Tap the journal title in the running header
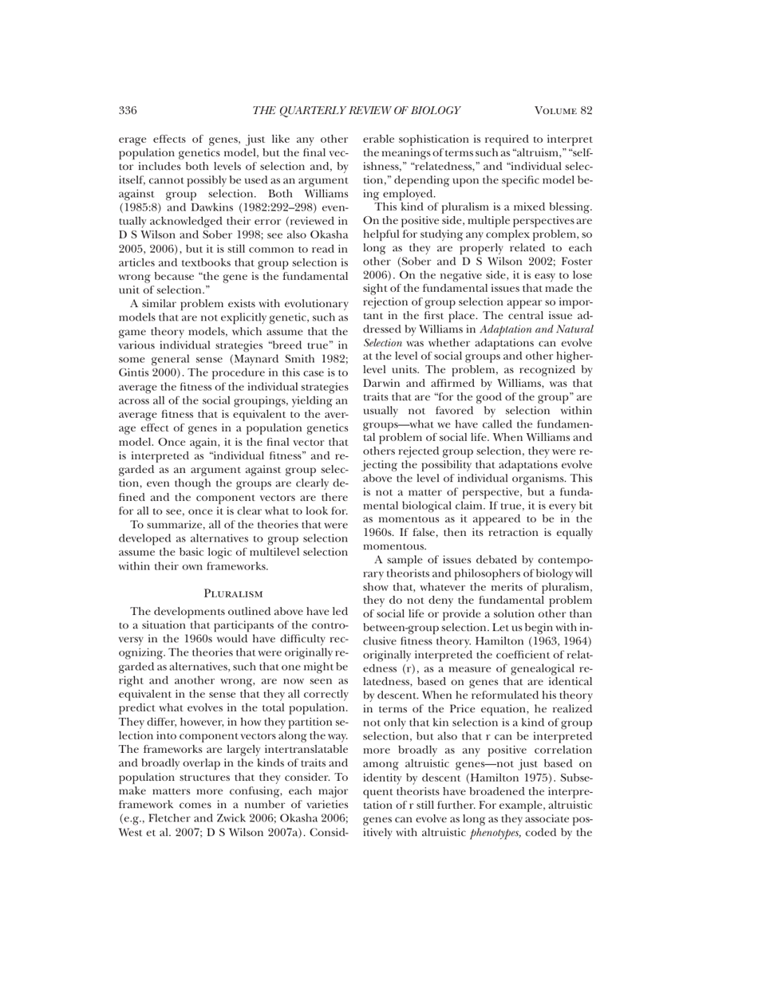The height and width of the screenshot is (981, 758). point(356,111)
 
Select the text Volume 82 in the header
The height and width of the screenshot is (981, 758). point(563,111)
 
